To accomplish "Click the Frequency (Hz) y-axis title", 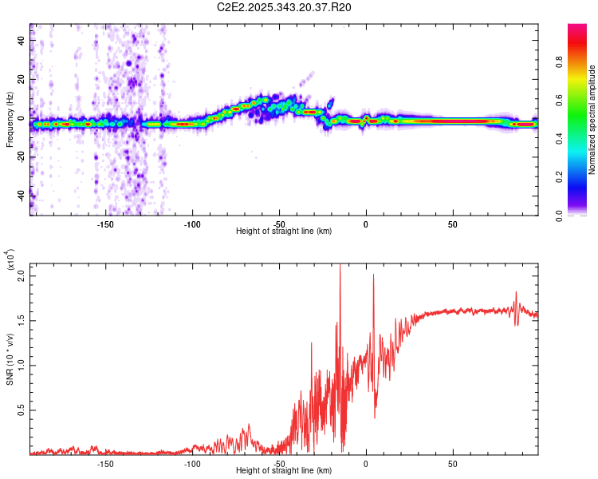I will (x=10, y=120).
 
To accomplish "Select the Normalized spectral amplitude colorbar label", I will (x=592, y=120).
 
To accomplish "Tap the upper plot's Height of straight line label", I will (x=284, y=231).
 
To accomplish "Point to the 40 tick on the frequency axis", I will (x=22, y=41).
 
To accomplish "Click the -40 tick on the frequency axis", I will (x=22, y=195).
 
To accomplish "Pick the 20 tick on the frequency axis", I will (x=22, y=80).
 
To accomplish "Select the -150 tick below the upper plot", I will (x=104, y=224).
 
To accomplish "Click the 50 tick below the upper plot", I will (x=453, y=224).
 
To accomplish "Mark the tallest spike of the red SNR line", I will (x=340, y=266).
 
